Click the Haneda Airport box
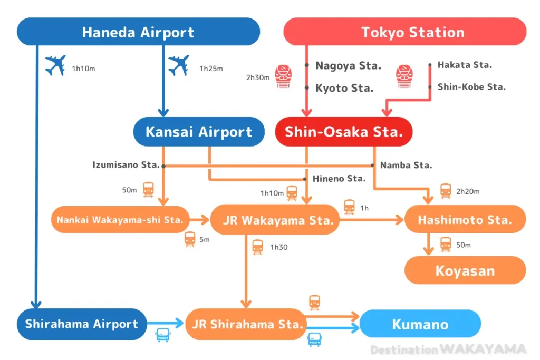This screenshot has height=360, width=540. coord(138,32)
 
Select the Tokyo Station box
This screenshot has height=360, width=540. coord(405,32)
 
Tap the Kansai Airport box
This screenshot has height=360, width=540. coord(199,132)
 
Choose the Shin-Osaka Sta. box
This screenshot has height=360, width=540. coord(343,132)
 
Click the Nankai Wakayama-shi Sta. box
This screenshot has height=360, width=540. coord(120,220)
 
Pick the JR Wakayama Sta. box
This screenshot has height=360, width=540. coord(274,220)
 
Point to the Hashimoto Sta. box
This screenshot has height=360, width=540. coord(465,220)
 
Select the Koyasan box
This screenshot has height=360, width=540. coord(465,271)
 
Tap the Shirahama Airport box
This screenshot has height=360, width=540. coord(82,324)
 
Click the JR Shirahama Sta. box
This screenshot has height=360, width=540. coord(246,324)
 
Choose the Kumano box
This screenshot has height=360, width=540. coord(420,324)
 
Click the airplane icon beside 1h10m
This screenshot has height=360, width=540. coord(55,66)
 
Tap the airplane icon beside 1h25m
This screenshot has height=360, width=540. coord(178,66)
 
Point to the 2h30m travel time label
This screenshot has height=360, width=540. coord(258,77)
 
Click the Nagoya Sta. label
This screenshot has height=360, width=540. coord(348,66)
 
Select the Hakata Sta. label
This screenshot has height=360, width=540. coord(465,65)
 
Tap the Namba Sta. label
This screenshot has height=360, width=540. coord(406,165)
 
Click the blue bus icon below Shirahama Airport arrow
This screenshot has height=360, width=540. coord(162,335)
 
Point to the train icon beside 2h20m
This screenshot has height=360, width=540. coord(446,191)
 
